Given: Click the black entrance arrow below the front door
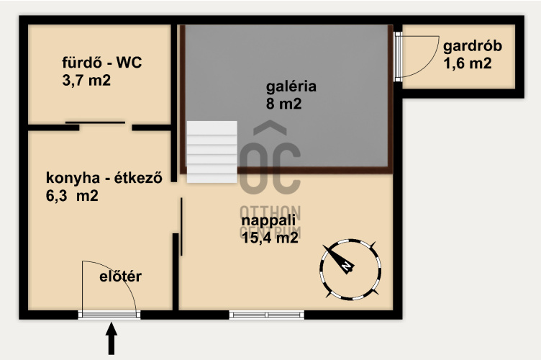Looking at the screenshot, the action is click(x=111, y=338).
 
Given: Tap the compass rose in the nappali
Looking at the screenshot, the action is click(x=350, y=269).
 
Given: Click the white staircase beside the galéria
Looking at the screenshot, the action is click(x=212, y=151).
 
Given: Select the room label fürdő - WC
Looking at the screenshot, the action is click(x=101, y=63).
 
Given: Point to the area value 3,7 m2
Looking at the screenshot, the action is click(x=86, y=81).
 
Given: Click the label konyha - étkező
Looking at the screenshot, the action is click(x=104, y=178).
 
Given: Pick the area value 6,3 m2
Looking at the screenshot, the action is click(x=72, y=196).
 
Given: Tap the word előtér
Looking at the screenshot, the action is click(x=120, y=276).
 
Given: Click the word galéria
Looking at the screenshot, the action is click(x=291, y=86).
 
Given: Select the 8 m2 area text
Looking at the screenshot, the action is click(x=283, y=104).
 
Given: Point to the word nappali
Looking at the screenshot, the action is click(x=268, y=221).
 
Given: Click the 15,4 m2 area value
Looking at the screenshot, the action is click(x=270, y=238).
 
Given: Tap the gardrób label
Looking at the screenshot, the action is click(x=473, y=47).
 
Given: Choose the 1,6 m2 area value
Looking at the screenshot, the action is click(x=468, y=63).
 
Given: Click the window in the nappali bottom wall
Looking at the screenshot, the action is click(x=267, y=315).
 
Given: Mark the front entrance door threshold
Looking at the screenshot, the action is click(x=109, y=315).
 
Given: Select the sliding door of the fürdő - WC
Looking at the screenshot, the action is click(x=95, y=122).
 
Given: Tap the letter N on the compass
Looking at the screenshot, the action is click(x=347, y=266).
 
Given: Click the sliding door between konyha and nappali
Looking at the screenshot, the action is click(x=181, y=226).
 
